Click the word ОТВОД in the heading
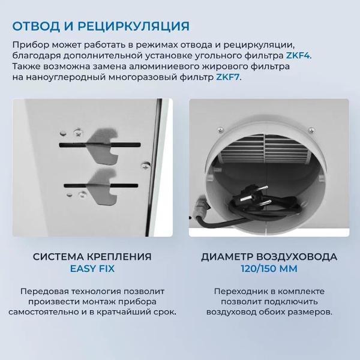click(x=38, y=26)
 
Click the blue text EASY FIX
click(x=92, y=269)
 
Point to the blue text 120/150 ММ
click(x=268, y=269)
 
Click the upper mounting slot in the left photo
click(x=99, y=145)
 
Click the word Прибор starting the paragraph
click(x=28, y=44)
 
